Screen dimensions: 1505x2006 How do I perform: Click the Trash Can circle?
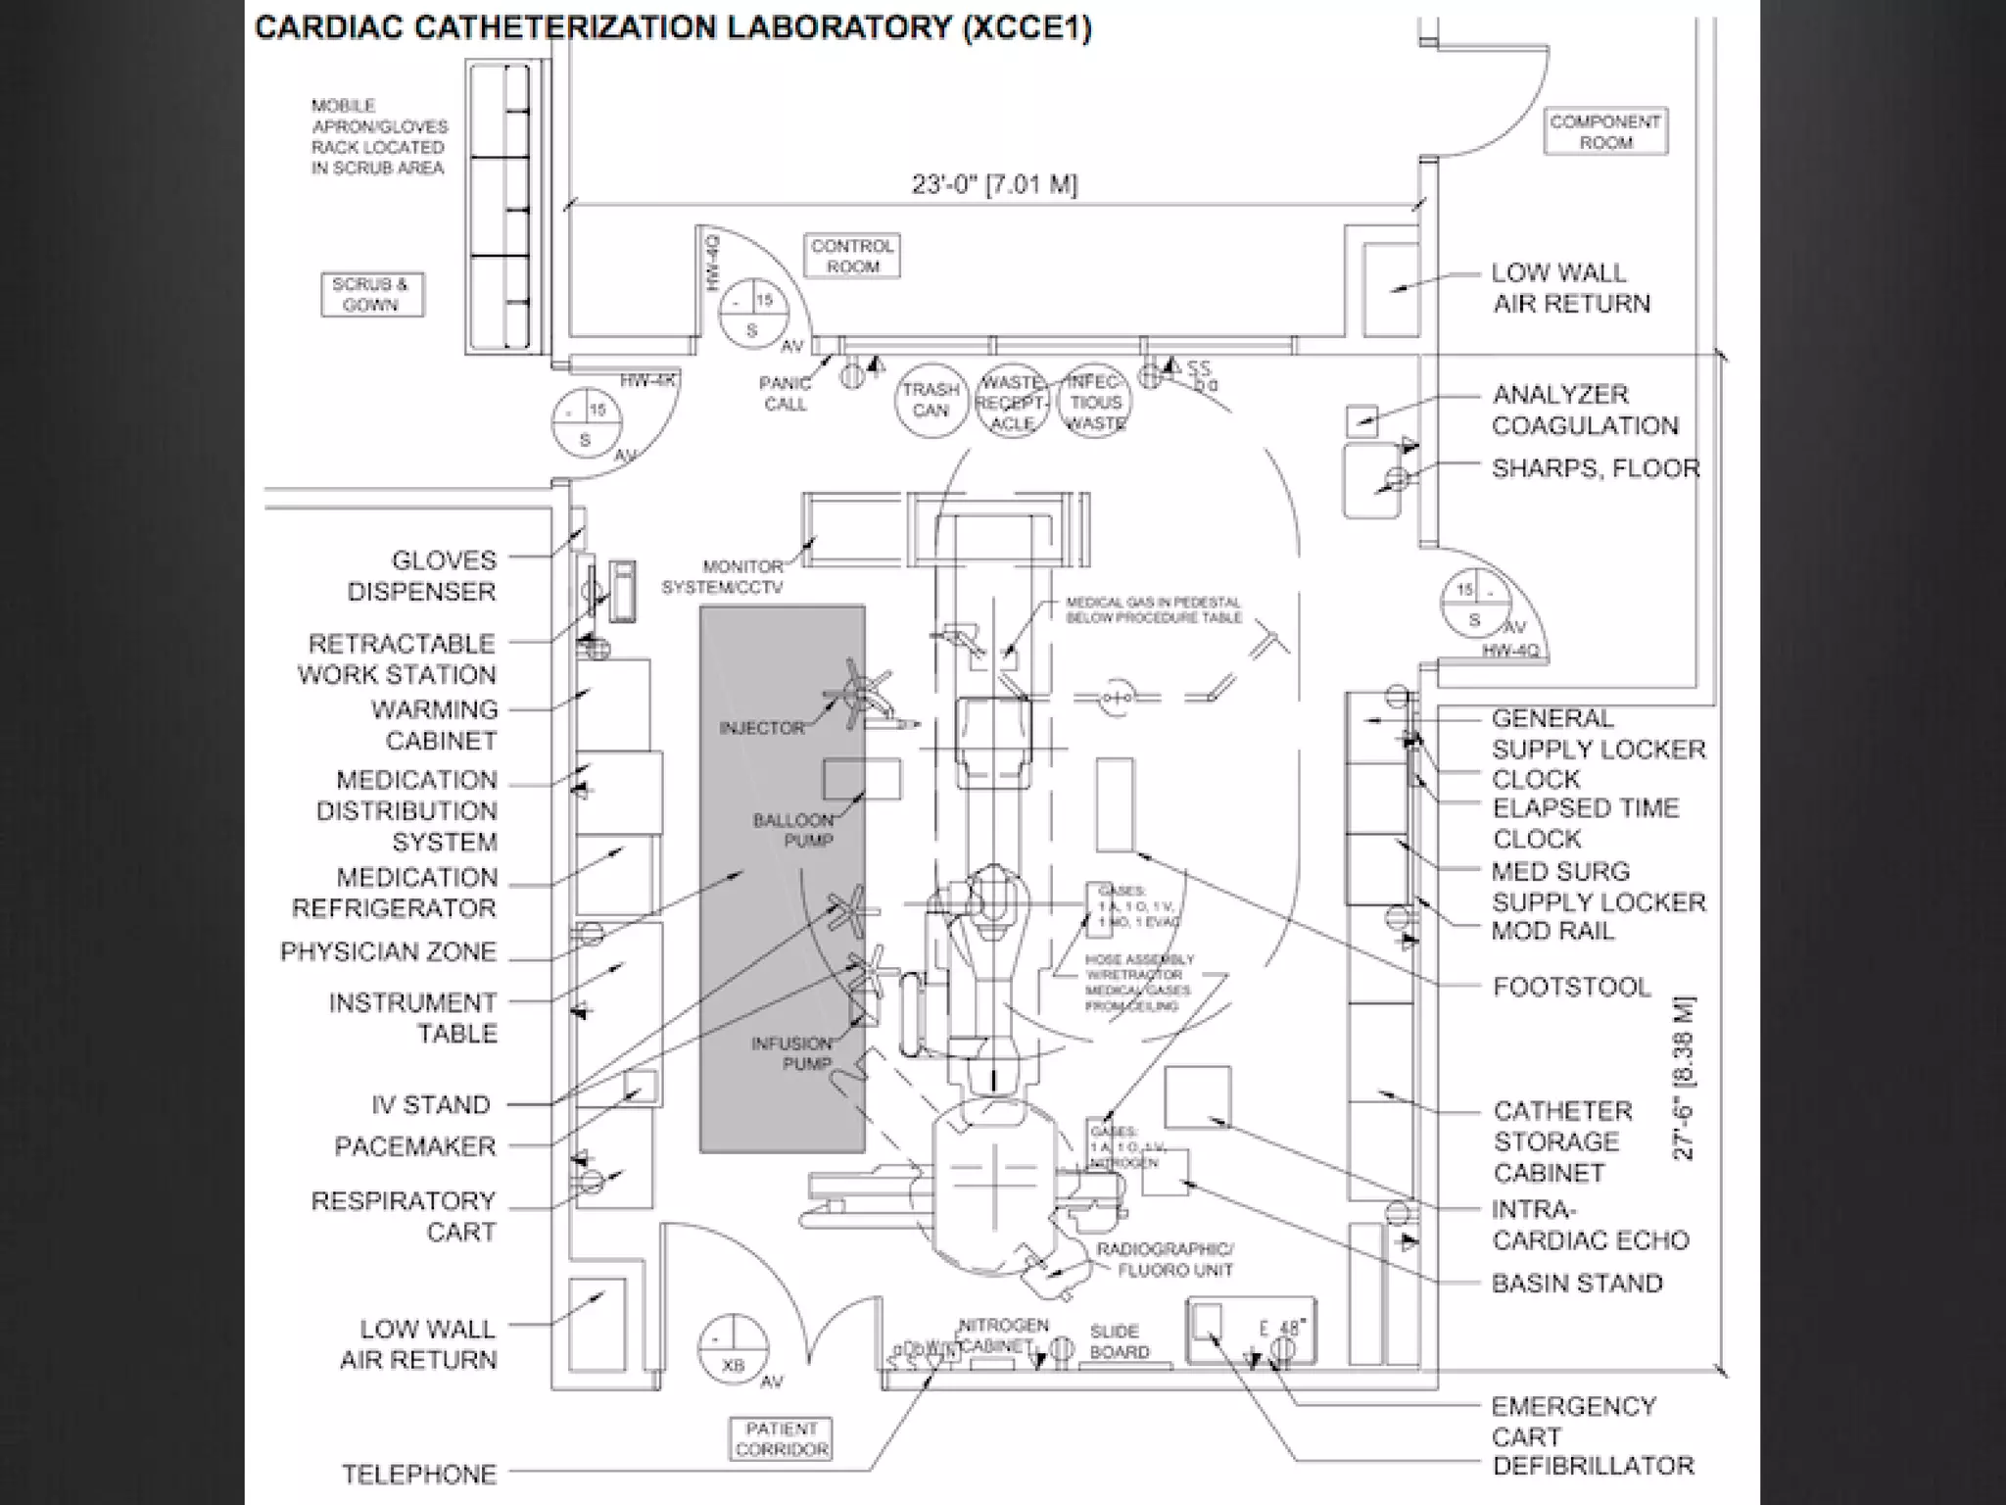point(931,401)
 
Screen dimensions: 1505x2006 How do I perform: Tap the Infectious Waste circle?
point(1095,402)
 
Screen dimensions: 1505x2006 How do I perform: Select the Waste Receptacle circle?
point(1012,402)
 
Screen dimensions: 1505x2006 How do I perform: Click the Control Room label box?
point(853,256)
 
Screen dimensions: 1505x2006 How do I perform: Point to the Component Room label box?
point(1605,131)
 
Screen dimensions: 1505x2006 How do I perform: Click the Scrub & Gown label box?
point(371,294)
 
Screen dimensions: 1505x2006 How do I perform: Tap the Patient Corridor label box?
point(781,1439)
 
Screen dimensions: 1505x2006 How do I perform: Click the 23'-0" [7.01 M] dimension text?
point(994,184)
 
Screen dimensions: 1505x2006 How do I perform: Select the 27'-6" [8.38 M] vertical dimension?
point(1683,1078)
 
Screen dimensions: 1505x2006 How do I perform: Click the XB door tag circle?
point(733,1351)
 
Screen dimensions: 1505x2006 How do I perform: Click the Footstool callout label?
point(1571,987)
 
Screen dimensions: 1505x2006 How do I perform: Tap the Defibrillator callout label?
point(1592,1466)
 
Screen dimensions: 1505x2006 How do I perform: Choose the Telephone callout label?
point(419,1474)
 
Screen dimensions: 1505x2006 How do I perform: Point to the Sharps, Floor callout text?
point(1596,468)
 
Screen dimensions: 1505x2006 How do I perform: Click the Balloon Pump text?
point(794,830)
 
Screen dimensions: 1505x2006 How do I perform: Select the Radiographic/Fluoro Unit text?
point(1165,1259)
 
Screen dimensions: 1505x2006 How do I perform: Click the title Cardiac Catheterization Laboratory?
point(673,27)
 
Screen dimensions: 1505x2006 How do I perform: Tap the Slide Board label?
point(1118,1341)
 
